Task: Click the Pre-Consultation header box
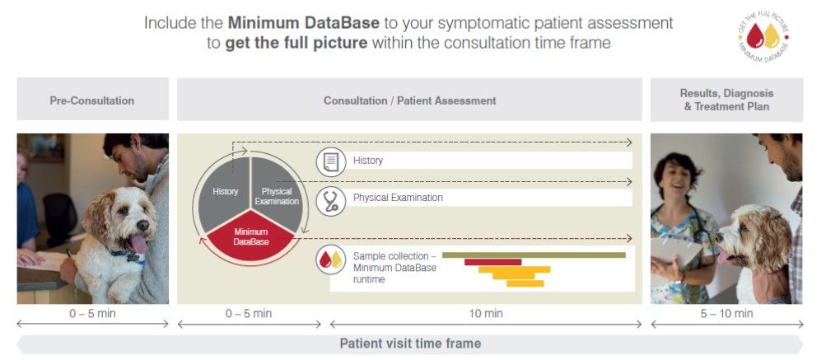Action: pos(93,99)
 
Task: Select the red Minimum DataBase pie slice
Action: pos(250,236)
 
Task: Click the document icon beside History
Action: pos(331,161)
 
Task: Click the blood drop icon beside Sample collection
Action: pos(331,259)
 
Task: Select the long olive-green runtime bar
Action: pos(534,255)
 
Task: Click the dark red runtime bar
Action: pos(492,262)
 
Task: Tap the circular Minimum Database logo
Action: pos(763,37)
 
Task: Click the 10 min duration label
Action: pos(486,314)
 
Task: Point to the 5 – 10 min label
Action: pos(726,314)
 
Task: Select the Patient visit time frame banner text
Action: pos(410,344)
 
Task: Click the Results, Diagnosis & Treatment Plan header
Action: pos(726,100)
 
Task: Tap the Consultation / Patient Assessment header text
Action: pos(409,101)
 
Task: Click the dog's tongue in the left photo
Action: pos(138,244)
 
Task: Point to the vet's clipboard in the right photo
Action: pos(677,252)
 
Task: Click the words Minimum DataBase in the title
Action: pos(303,23)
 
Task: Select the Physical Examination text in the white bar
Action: pos(398,198)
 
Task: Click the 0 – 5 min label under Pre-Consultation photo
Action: pos(93,314)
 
